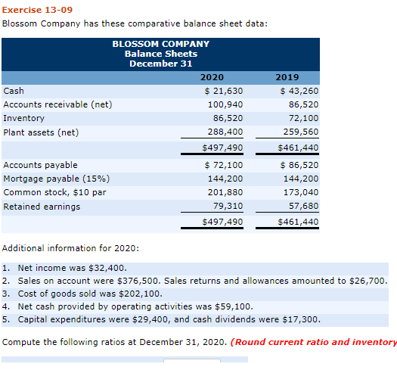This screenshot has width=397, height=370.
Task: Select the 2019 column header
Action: coord(287,77)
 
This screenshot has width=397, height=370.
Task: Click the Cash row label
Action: coord(14,91)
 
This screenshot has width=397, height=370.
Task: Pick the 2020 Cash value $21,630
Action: coord(224,91)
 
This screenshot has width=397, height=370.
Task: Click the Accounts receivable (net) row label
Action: coord(57,104)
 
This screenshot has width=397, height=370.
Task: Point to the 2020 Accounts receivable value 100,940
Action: coord(225,104)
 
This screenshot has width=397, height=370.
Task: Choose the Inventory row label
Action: coord(24,118)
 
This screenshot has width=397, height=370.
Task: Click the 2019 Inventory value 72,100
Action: coord(303,119)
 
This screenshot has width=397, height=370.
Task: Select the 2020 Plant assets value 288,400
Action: coord(225,132)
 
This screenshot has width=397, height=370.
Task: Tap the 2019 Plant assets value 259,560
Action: coord(300,132)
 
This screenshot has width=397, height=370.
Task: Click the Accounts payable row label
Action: coord(40,164)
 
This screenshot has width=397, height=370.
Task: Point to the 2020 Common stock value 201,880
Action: coord(225,192)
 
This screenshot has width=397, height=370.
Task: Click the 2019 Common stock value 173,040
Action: coord(300,192)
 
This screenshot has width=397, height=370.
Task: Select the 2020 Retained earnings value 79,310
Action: coord(228,206)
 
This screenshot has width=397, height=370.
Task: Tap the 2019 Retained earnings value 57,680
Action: coord(303,206)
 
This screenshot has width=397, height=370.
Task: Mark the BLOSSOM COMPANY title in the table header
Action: coord(160,44)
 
